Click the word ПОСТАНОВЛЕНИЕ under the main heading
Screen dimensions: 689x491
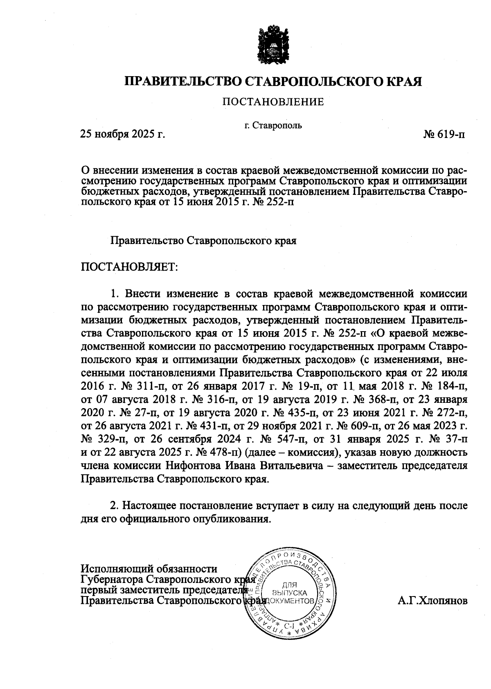(x=273, y=102)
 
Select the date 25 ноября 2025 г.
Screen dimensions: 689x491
(x=122, y=134)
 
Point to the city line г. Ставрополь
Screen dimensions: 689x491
(x=273, y=125)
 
